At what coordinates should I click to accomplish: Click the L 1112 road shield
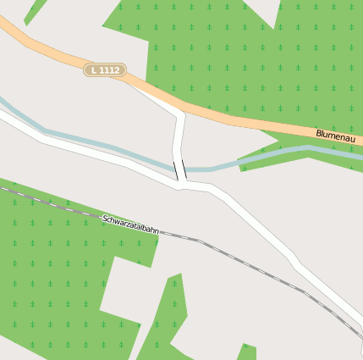[x=104, y=69]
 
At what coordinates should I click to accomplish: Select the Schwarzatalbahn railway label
[x=130, y=224]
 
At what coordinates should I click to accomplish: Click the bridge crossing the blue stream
[x=179, y=169]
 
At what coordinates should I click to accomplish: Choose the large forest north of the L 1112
[x=237, y=51]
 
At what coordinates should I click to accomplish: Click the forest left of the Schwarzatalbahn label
[x=51, y=271]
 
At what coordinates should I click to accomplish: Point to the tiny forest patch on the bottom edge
[x=247, y=352]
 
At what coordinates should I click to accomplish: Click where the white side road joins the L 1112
[x=181, y=111]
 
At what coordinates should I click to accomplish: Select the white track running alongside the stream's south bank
[x=85, y=149]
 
